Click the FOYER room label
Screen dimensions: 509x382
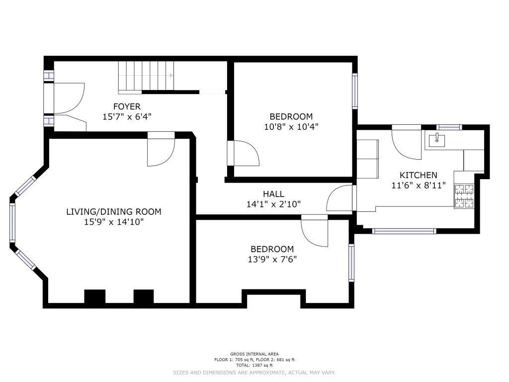(127, 106)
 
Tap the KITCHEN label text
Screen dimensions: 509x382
(418, 175)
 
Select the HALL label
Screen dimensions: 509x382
(273, 194)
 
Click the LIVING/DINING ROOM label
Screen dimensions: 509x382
(114, 212)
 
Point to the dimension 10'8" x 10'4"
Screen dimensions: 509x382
(291, 127)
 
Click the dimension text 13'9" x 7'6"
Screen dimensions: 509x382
(272, 260)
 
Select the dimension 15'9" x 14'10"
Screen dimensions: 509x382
(114, 222)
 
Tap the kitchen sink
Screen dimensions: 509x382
(437, 140)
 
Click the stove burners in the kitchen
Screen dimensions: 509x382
(464, 196)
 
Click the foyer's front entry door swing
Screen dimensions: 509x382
(69, 98)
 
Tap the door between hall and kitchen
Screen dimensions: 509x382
(340, 198)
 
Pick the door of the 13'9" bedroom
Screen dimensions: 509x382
(314, 231)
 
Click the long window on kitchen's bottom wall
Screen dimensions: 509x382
(404, 231)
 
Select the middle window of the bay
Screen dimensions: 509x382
(12, 223)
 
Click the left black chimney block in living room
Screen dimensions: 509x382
(95, 296)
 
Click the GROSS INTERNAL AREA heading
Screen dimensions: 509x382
(254, 354)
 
